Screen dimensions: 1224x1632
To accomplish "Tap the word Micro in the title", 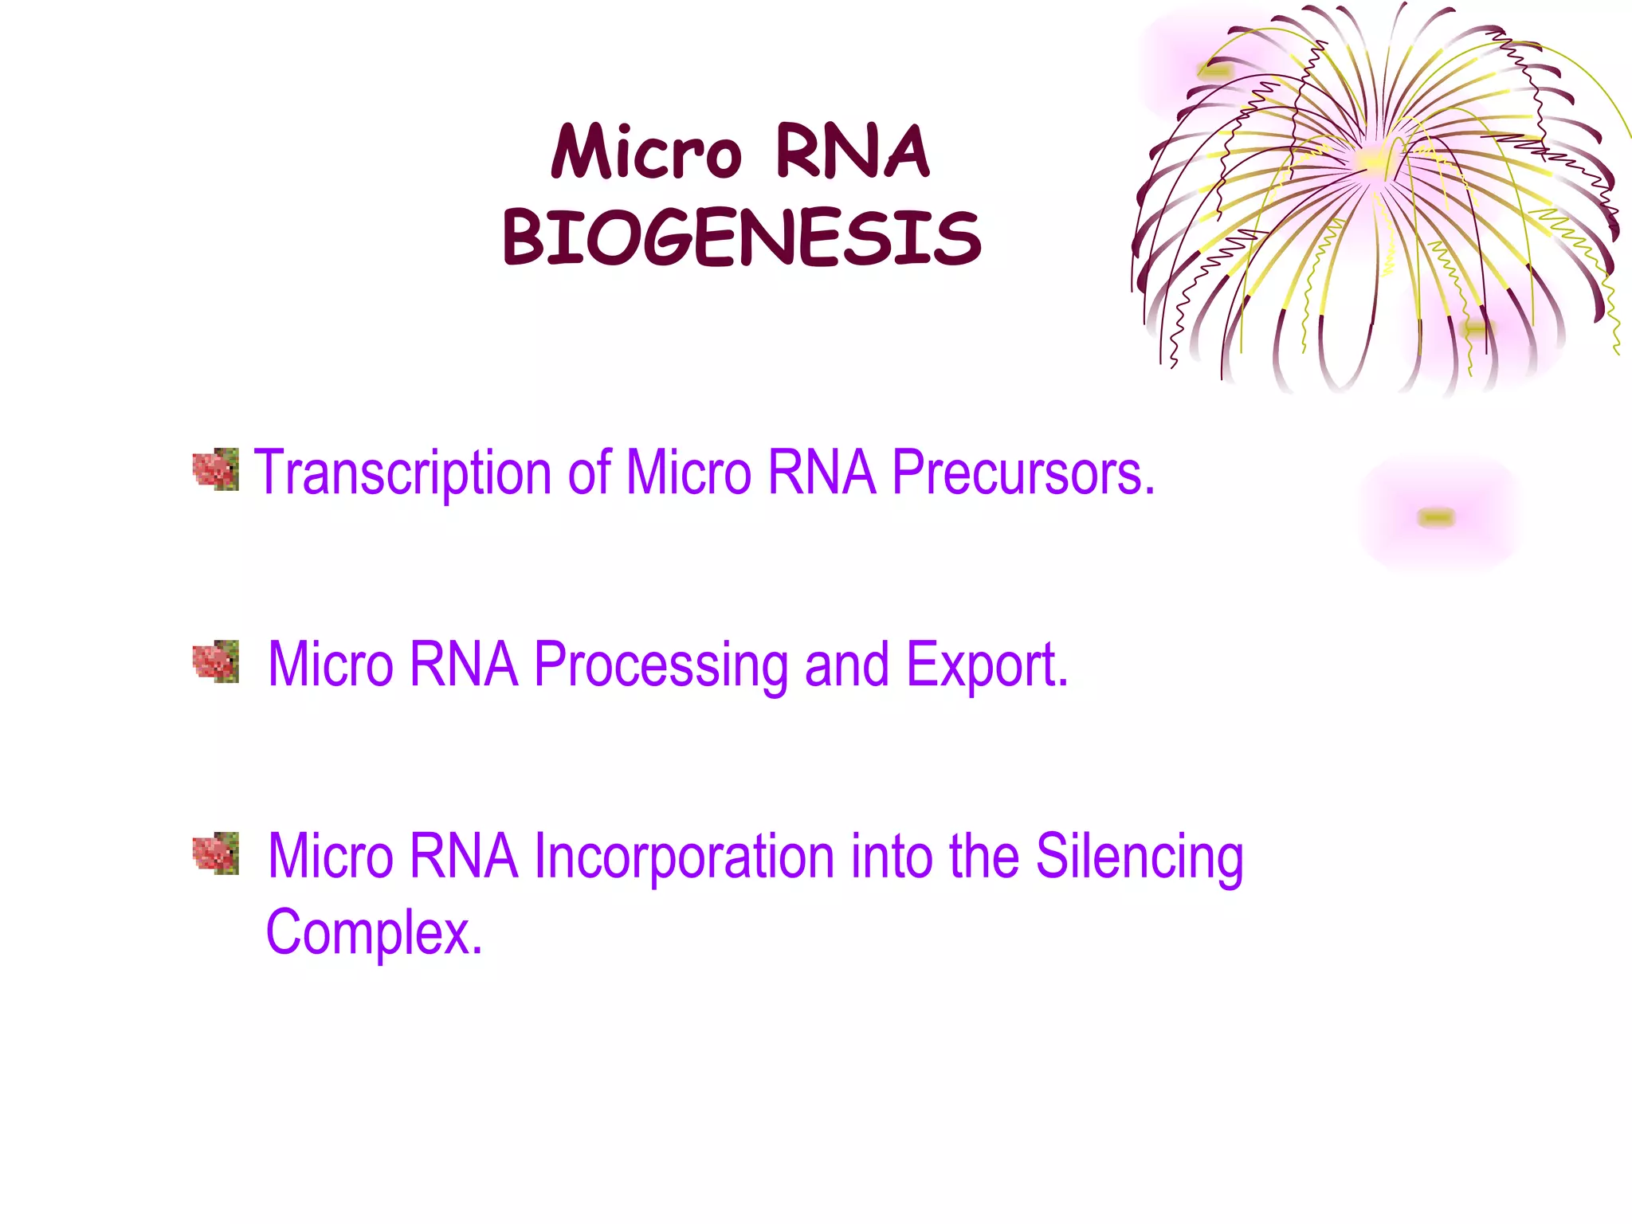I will pyautogui.click(x=646, y=152).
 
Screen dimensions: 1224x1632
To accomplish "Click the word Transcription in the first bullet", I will pyautogui.click(x=402, y=473).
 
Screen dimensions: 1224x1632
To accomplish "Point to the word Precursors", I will pyautogui.click(x=1023, y=473).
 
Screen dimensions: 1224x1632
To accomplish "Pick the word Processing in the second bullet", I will pyautogui.click(x=661, y=665).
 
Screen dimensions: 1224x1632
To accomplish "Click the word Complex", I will pyautogui.click(x=374, y=932).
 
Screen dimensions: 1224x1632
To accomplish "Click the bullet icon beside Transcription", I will pyautogui.click(x=216, y=469).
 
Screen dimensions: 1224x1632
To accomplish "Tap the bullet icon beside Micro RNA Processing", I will pyautogui.click(x=216, y=661).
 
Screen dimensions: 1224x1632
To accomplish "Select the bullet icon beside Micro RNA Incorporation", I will pyautogui.click(x=216, y=853).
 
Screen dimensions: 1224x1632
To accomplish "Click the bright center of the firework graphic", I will pyautogui.click(x=1373, y=159).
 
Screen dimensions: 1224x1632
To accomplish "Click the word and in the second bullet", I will pyautogui.click(x=846, y=665).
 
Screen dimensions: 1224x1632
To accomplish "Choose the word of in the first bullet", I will pyautogui.click(x=589, y=473).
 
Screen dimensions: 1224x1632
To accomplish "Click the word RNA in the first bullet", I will pyautogui.click(x=822, y=473).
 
